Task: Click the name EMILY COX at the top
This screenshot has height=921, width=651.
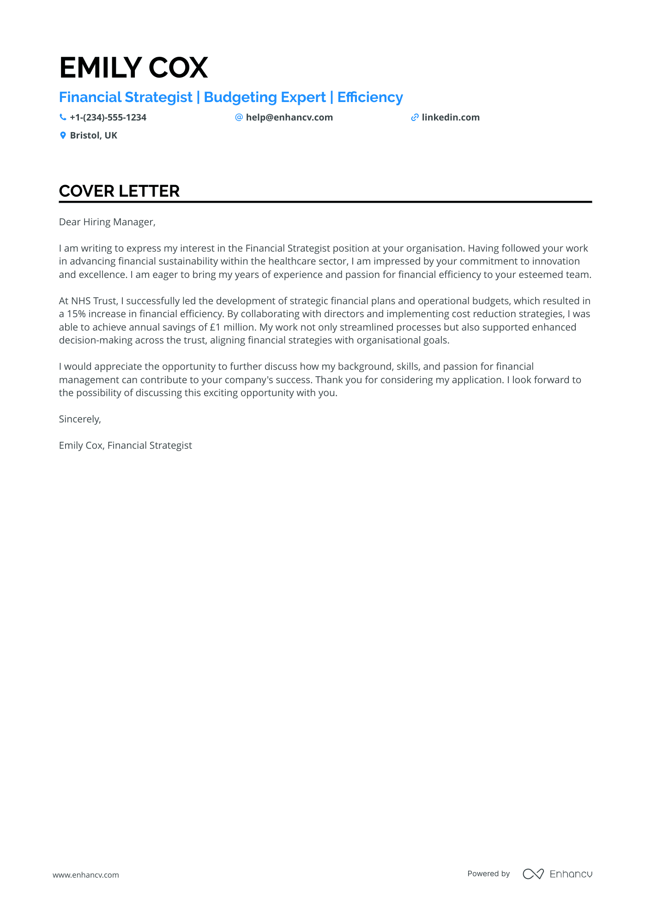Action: (133, 67)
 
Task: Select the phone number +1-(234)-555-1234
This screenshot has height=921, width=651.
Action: (108, 118)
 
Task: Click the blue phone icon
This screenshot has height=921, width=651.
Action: (63, 117)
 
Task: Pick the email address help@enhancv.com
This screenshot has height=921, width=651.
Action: (289, 118)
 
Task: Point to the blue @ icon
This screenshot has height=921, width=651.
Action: (239, 117)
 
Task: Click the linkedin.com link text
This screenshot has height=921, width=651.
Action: (451, 118)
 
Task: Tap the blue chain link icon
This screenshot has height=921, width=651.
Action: (415, 118)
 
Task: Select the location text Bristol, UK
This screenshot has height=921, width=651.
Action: (94, 136)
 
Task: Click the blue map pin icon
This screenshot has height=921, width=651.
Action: (63, 136)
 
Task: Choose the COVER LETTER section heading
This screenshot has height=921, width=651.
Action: (119, 191)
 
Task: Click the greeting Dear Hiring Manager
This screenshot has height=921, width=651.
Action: (107, 222)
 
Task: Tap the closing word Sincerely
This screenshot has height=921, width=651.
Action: (79, 419)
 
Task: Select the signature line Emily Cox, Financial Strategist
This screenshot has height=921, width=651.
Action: (126, 445)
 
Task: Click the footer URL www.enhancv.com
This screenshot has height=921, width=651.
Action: (86, 875)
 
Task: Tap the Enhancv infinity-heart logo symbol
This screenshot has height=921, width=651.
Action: (533, 874)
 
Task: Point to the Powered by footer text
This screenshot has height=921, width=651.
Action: (488, 874)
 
